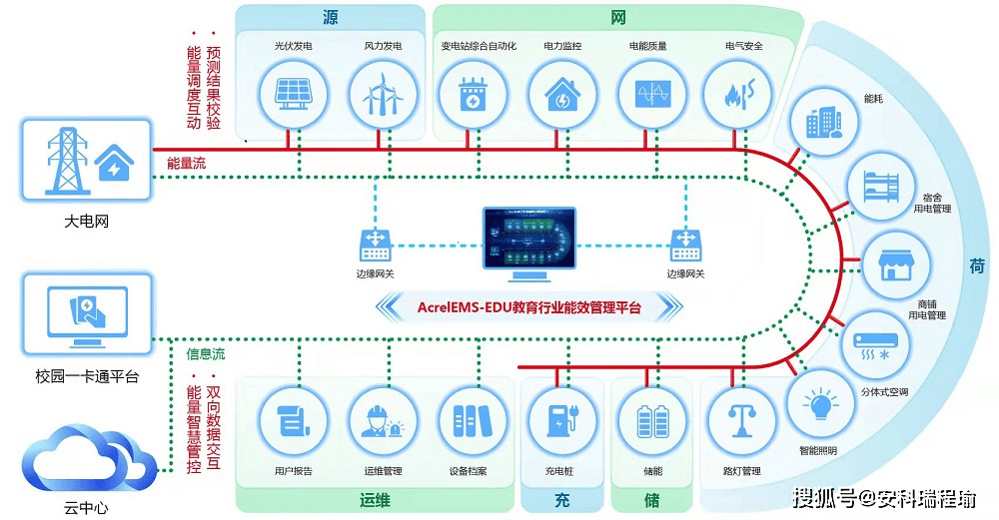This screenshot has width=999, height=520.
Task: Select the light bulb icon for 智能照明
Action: (822, 403)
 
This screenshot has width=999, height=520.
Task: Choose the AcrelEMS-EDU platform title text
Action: (529, 306)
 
